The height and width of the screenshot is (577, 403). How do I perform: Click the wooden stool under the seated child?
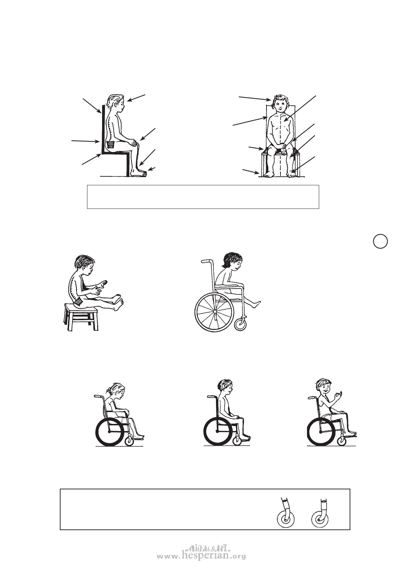81,317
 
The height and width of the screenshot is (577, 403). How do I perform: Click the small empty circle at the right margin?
380,241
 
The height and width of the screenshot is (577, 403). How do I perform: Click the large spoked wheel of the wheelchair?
214,312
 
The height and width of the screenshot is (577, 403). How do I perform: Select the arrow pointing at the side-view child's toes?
152,169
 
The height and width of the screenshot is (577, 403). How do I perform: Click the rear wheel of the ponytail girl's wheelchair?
109,432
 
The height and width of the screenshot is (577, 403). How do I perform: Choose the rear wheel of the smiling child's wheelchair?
321,432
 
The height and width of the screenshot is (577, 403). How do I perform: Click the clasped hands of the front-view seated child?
282,148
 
